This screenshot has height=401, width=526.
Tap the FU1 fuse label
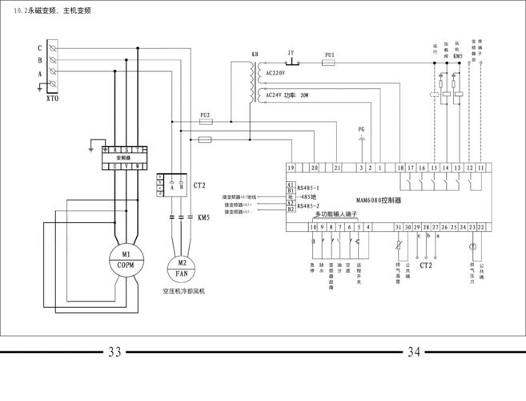pyautogui.click(x=328, y=54)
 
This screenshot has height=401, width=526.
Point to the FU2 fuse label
pyautogui.click(x=204, y=115)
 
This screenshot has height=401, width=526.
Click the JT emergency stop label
pyautogui.click(x=291, y=54)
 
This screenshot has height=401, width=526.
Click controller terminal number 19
pyautogui.click(x=291, y=167)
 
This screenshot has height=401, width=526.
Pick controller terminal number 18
pyautogui.click(x=400, y=167)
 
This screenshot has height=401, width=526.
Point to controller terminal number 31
pyautogui.click(x=398, y=228)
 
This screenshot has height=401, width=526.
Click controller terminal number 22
pyautogui.click(x=481, y=228)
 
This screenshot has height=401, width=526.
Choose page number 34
pyautogui.click(x=414, y=352)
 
